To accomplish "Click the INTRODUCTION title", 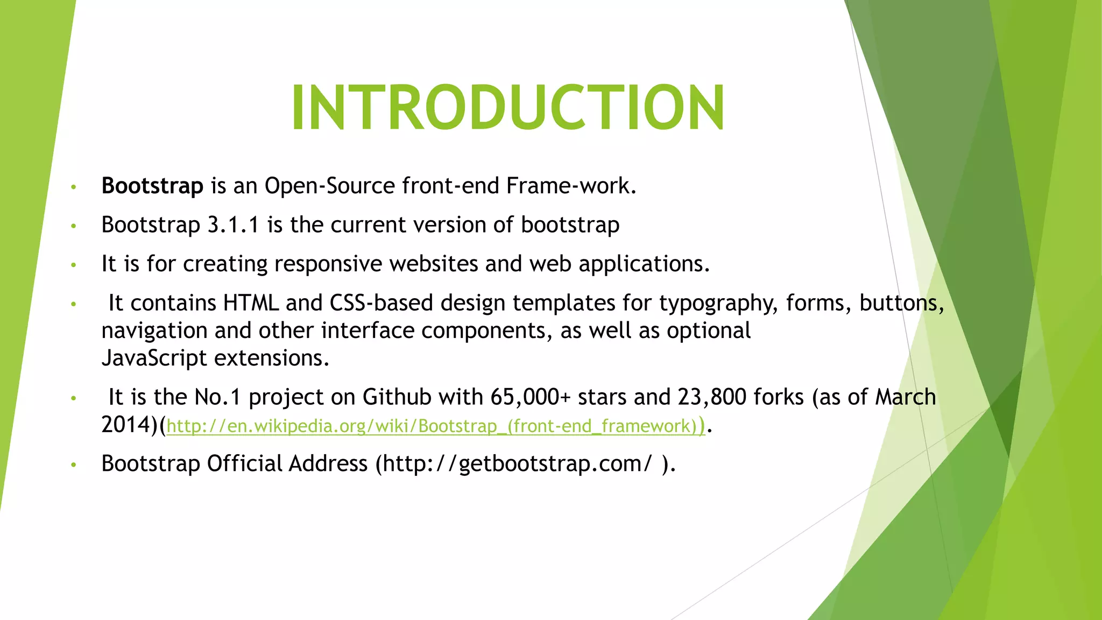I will (508, 108).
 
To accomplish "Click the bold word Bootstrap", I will (152, 186).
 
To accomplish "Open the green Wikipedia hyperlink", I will (435, 426).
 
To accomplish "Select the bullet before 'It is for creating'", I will (74, 265).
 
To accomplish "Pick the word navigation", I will (154, 331).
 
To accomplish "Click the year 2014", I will (127, 425).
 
